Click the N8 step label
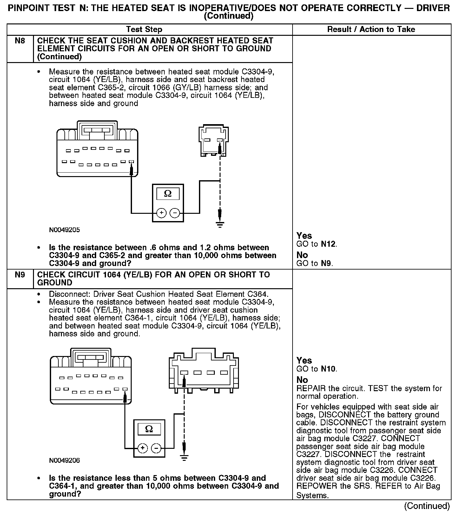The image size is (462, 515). pyautogui.click(x=20, y=41)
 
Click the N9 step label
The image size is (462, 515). pyautogui.click(x=20, y=275)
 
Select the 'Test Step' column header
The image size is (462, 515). pyautogui.click(x=144, y=29)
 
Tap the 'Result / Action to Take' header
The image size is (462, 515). pyautogui.click(x=371, y=29)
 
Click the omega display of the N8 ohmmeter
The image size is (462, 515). pyautogui.click(x=168, y=194)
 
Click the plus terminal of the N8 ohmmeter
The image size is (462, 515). pyautogui.click(x=162, y=213)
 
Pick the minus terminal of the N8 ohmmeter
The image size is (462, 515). pyautogui.click(x=175, y=213)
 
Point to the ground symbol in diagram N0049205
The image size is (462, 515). pyautogui.click(x=220, y=225)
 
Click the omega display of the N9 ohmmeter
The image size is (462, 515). pyautogui.click(x=149, y=429)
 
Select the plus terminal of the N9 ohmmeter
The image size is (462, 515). pyautogui.click(x=143, y=448)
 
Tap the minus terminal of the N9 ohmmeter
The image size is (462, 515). pyautogui.click(x=156, y=448)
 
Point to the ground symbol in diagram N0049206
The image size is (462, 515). pyautogui.click(x=184, y=457)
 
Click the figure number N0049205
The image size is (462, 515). pyautogui.click(x=64, y=230)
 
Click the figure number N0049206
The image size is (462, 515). pyautogui.click(x=64, y=460)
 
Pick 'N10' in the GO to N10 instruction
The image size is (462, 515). pyautogui.click(x=328, y=369)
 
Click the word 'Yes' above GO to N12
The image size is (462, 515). pyautogui.click(x=304, y=236)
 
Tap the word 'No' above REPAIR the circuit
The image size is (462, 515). pyautogui.click(x=302, y=380)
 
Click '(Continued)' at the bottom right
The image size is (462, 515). pyautogui.click(x=427, y=506)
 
